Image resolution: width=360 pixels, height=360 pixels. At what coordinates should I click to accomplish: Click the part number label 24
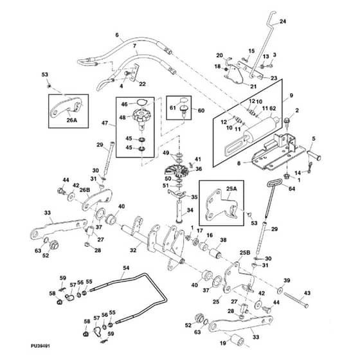click(283, 21)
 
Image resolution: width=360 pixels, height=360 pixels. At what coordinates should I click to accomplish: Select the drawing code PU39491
click(40, 346)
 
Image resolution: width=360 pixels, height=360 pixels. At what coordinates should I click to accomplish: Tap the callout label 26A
click(71, 120)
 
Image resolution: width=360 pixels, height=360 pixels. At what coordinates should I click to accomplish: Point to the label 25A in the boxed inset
click(231, 189)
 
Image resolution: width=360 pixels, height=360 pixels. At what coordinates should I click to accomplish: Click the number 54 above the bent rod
click(126, 268)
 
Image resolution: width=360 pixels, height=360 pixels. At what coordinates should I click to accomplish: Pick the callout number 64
click(292, 189)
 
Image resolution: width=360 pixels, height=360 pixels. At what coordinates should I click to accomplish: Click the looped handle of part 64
click(274, 184)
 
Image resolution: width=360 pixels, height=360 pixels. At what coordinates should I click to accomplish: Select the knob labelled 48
click(140, 116)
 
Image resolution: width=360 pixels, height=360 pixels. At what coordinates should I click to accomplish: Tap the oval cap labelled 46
click(139, 102)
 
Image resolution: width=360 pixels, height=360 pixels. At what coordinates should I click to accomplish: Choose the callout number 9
click(291, 96)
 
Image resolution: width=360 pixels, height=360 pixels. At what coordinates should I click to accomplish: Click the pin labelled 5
click(314, 155)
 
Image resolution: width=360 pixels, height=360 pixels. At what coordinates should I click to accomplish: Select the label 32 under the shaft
click(133, 250)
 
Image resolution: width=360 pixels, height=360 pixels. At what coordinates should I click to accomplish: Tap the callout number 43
click(307, 293)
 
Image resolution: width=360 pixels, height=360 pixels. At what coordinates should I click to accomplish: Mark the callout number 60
click(201, 111)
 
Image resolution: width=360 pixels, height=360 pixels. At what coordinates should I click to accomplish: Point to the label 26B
click(84, 190)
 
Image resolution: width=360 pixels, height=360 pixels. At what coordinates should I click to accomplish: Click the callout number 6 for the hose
click(117, 35)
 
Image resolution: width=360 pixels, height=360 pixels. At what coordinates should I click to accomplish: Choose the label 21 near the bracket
click(253, 87)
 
